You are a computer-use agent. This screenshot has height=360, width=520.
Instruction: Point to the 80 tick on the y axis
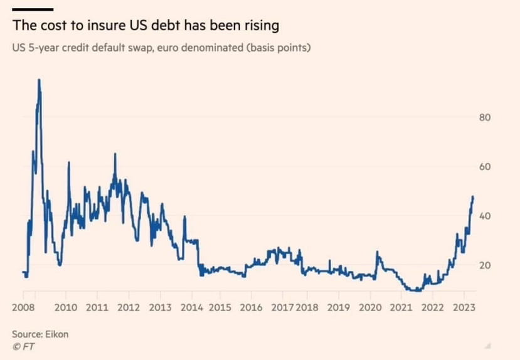(484, 118)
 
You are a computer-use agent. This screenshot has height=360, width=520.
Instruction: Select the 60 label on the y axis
(484, 167)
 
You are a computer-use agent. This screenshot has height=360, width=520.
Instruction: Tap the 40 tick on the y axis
(484, 216)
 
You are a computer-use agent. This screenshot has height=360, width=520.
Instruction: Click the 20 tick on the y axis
(484, 265)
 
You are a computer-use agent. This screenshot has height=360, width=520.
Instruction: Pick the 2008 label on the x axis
(23, 308)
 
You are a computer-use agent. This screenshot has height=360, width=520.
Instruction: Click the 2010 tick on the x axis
(66, 308)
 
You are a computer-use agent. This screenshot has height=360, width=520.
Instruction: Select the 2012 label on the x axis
(129, 308)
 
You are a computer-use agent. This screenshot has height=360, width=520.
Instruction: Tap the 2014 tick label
(191, 308)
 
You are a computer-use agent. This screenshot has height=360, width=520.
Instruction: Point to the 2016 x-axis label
(251, 308)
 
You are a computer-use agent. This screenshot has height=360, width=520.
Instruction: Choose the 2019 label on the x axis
(339, 308)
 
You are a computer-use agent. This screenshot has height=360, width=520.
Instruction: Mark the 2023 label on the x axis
(463, 308)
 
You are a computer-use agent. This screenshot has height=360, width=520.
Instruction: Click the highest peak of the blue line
(39, 80)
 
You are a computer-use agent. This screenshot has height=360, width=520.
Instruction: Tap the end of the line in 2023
(473, 196)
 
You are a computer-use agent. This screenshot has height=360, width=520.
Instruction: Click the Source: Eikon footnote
(40, 334)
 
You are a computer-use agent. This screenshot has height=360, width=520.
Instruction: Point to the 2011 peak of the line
(115, 154)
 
